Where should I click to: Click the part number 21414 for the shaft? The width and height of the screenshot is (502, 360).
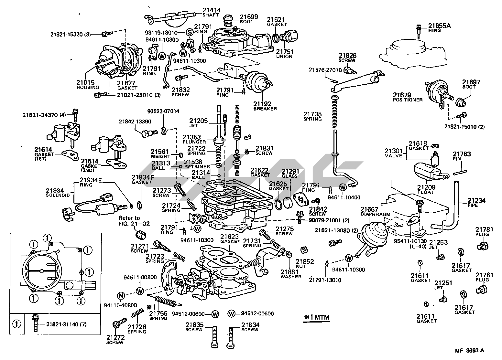212,10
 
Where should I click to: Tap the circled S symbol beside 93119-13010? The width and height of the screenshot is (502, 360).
190,32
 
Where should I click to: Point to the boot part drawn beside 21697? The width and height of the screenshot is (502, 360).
460,102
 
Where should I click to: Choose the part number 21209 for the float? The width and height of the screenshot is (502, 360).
426,187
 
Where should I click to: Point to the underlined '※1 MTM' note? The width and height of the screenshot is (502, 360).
316,317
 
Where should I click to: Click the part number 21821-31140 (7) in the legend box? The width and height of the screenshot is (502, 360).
66,324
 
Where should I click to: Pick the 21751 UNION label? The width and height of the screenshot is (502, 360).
284,53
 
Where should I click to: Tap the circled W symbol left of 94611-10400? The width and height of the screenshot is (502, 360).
343,187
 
